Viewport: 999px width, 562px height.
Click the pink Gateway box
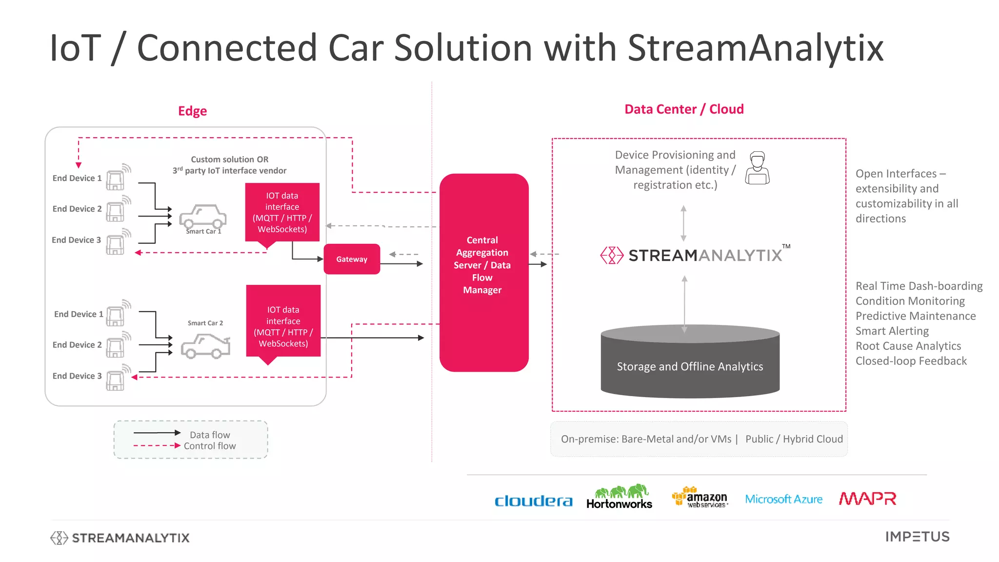[352, 259]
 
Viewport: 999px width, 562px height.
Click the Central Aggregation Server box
[483, 272]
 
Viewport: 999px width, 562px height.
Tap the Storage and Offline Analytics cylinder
[690, 363]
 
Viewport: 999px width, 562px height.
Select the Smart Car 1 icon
[203, 217]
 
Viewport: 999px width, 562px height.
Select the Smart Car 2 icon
[205, 346]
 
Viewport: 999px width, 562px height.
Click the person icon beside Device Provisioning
[757, 168]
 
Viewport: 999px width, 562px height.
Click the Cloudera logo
[533, 501]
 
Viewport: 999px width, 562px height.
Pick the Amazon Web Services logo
[700, 498]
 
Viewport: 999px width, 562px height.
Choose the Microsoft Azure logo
[783, 499]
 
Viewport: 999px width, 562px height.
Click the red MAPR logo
[867, 499]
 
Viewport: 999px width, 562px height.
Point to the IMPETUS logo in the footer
[917, 537]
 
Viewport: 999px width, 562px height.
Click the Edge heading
[192, 111]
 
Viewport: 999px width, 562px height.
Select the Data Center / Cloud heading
[684, 109]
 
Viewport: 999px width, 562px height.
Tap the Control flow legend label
[210, 446]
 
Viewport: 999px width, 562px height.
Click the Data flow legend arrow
[157, 433]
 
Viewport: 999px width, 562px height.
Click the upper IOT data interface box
[282, 212]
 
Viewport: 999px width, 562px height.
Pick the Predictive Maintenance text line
[916, 316]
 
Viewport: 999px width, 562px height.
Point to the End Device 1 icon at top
[116, 179]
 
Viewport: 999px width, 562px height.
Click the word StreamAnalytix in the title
[755, 48]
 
